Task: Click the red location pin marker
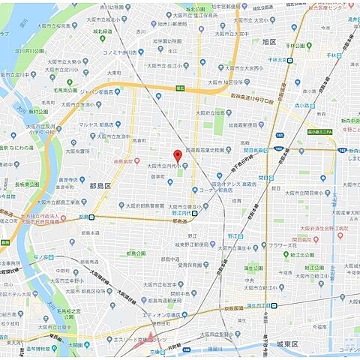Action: (177, 154)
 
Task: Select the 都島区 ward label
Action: (100, 184)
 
